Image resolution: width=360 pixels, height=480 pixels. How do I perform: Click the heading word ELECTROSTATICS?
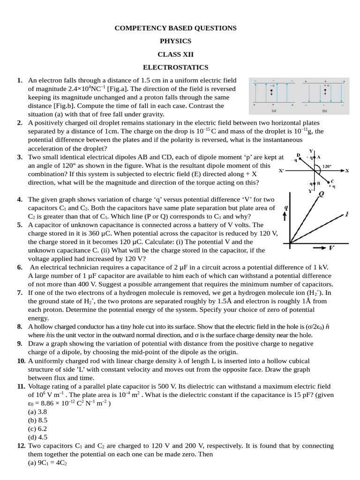click(176, 67)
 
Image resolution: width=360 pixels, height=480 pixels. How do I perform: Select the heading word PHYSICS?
click(176, 41)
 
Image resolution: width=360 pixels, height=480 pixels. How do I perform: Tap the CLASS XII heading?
click(176, 54)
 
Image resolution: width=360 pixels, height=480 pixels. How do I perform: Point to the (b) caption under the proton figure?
click(324, 111)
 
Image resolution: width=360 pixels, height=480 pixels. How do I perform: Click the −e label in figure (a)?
click(272, 86)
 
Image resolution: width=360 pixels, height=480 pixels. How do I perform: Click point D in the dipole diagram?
click(299, 155)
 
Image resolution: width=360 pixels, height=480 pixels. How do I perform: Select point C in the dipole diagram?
click(332, 181)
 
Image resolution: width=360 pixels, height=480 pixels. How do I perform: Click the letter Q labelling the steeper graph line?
click(322, 193)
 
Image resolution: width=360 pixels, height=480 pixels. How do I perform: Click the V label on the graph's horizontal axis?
click(331, 247)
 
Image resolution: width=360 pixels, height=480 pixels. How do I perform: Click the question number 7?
click(20, 292)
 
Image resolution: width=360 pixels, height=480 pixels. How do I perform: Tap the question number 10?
click(21, 361)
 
